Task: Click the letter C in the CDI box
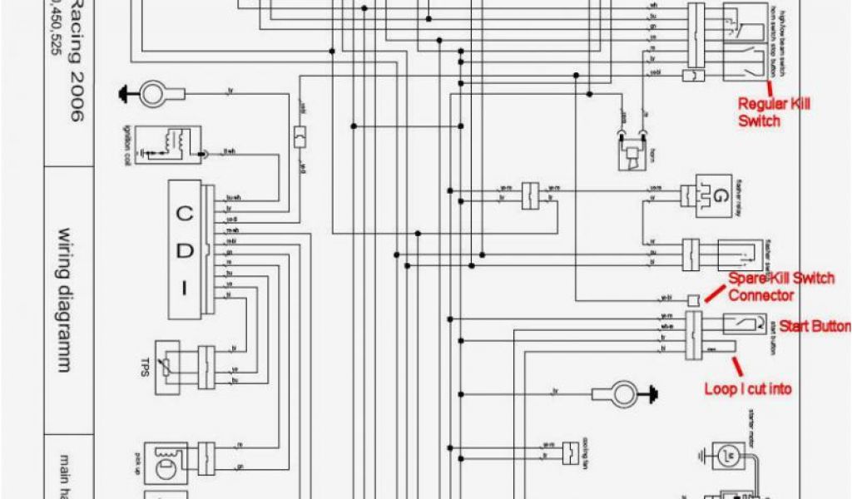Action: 185,212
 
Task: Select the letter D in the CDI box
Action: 185,250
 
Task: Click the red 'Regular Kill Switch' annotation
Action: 773,111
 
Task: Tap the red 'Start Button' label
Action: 814,326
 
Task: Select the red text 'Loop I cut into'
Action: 748,388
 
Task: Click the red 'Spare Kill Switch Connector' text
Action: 780,286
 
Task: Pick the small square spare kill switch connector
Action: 693,299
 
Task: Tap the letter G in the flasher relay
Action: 717,197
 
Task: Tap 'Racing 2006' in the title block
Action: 76,62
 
